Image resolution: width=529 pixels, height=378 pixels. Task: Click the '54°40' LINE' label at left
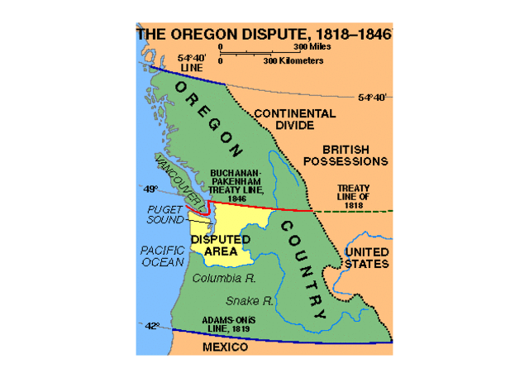pos(191,63)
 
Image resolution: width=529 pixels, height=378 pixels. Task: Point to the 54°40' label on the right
pos(374,97)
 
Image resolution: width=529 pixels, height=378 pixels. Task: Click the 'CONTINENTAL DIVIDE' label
pos(294,119)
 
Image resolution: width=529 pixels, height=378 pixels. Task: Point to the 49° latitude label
pos(150,189)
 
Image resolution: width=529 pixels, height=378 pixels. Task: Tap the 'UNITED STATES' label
pos(366,257)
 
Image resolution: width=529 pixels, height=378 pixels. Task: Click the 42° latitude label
pos(152,327)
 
